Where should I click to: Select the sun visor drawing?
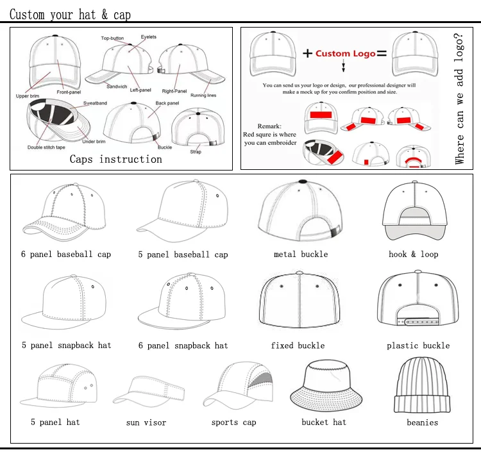(146, 392)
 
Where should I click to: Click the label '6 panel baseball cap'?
(66, 255)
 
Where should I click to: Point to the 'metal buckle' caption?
(301, 255)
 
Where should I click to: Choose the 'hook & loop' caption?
(414, 255)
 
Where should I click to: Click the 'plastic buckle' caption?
(418, 346)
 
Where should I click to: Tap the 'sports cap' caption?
(233, 422)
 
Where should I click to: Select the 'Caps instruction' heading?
(116, 159)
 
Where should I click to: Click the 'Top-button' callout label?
(113, 38)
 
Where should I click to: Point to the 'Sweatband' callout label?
(95, 103)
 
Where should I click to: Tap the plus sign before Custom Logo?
(307, 53)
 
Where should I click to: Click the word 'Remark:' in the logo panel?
(269, 126)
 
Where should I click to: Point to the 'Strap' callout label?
(196, 152)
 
